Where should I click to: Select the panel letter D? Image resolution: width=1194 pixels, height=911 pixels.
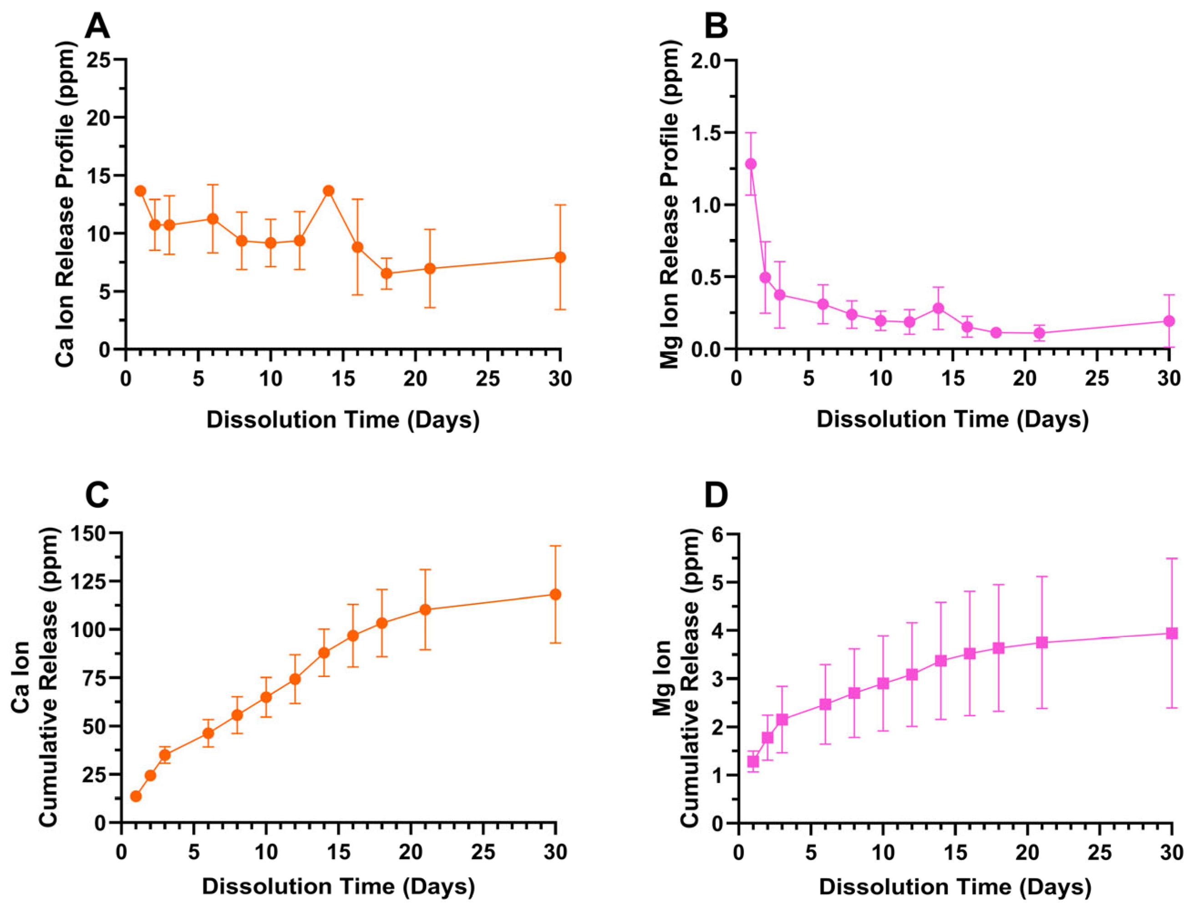tap(716, 495)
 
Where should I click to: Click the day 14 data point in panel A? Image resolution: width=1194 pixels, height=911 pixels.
tap(328, 191)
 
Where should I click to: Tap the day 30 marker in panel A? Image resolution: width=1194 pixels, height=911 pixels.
tap(560, 257)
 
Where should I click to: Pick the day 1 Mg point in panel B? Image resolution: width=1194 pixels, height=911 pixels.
tap(751, 164)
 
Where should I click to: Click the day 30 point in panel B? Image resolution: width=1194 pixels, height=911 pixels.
tap(1169, 321)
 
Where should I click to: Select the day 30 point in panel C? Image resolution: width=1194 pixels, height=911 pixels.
tap(555, 594)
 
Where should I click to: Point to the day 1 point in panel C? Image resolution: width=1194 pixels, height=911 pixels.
tap(136, 796)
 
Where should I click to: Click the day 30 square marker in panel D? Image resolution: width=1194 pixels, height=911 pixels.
tap(1172, 633)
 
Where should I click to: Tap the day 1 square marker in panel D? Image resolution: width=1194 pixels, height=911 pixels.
tap(753, 761)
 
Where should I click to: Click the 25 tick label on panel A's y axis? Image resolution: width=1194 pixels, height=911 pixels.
tap(98, 59)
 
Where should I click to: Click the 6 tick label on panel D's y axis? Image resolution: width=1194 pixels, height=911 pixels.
tap(719, 534)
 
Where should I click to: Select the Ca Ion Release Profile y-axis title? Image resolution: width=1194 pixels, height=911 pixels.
tap(66, 203)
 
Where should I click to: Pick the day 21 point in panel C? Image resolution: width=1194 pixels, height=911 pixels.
tap(425, 609)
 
